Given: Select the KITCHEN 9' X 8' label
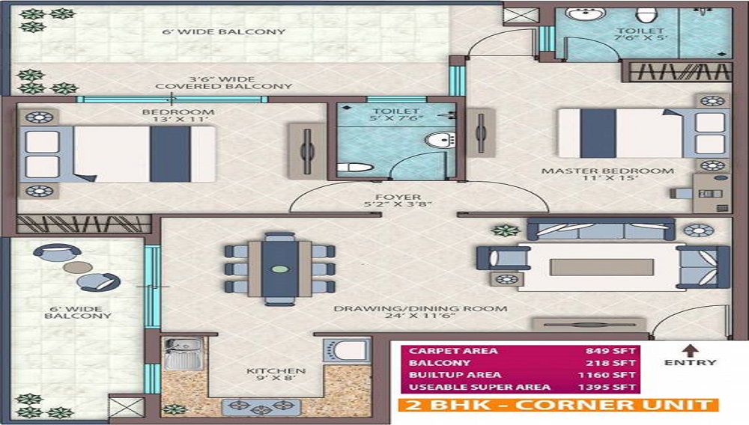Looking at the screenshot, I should [x=276, y=376].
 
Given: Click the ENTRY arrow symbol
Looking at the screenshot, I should [x=691, y=349].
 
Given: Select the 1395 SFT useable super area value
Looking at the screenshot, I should [x=608, y=387].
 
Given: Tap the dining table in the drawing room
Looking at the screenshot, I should [x=279, y=269].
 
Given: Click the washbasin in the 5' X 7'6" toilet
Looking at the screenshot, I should [x=440, y=139].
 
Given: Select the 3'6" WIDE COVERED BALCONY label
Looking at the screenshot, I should [x=223, y=82].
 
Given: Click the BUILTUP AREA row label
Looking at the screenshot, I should [x=445, y=375].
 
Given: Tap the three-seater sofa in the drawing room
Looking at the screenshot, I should [x=600, y=229].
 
